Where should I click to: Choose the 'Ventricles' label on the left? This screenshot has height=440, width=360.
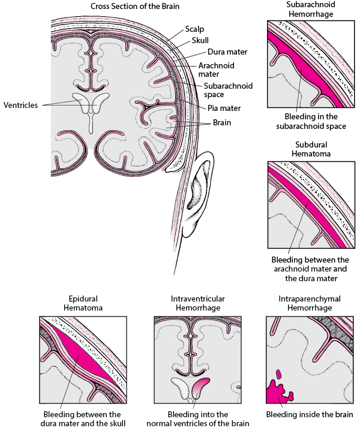(20, 105)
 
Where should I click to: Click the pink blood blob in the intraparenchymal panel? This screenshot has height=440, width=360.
(277, 393)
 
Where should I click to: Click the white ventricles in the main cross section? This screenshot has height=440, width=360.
(91, 108)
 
